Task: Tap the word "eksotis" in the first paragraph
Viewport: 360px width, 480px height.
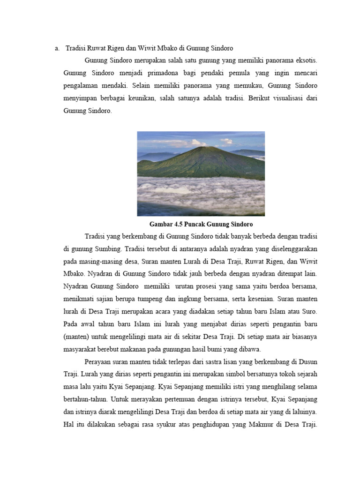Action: pyautogui.click(x=305, y=61)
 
